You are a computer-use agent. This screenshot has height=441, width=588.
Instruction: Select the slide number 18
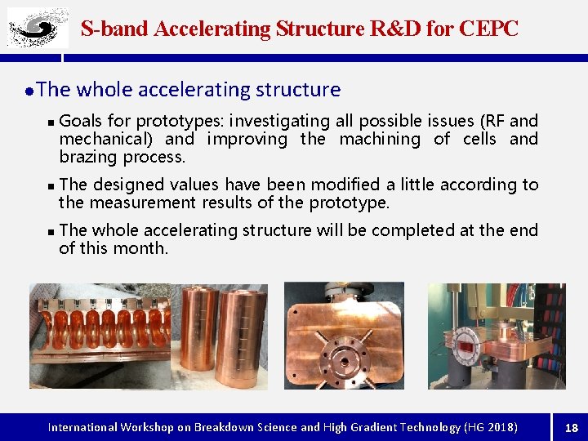coord(572,428)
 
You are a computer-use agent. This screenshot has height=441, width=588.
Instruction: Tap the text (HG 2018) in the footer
coord(490,427)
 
